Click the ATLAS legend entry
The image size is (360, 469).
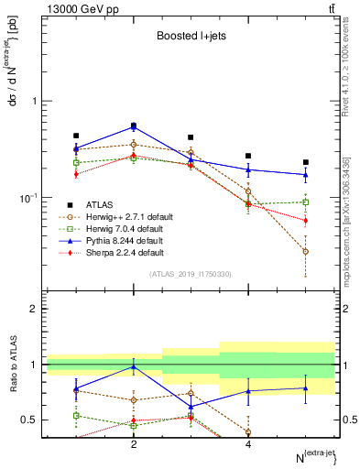(99, 204)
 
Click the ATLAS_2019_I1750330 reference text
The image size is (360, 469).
(190, 274)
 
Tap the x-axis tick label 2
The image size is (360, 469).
(134, 444)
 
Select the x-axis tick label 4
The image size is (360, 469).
(248, 444)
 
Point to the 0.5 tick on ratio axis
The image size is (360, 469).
(30, 420)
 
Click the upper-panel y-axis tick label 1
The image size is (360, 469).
(34, 101)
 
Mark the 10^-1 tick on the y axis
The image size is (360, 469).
(29, 198)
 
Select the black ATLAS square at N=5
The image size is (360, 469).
(306, 162)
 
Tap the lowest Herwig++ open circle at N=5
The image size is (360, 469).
(306, 251)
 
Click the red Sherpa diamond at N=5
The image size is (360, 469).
(306, 221)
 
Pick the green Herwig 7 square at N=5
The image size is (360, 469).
(306, 202)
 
